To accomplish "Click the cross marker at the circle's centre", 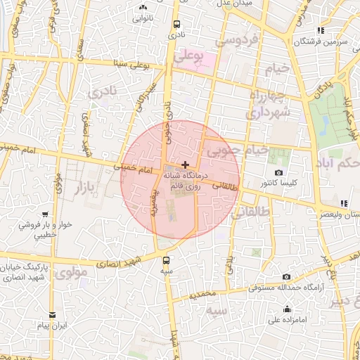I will (x=185, y=164).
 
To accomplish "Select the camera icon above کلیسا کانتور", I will (x=279, y=173).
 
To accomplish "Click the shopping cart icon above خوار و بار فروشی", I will (x=45, y=214).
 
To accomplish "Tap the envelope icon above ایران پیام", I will (x=51, y=315).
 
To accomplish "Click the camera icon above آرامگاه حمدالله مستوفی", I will (x=286, y=277).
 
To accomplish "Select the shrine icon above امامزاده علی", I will (x=287, y=309).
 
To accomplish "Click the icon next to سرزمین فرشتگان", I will (x=321, y=30).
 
